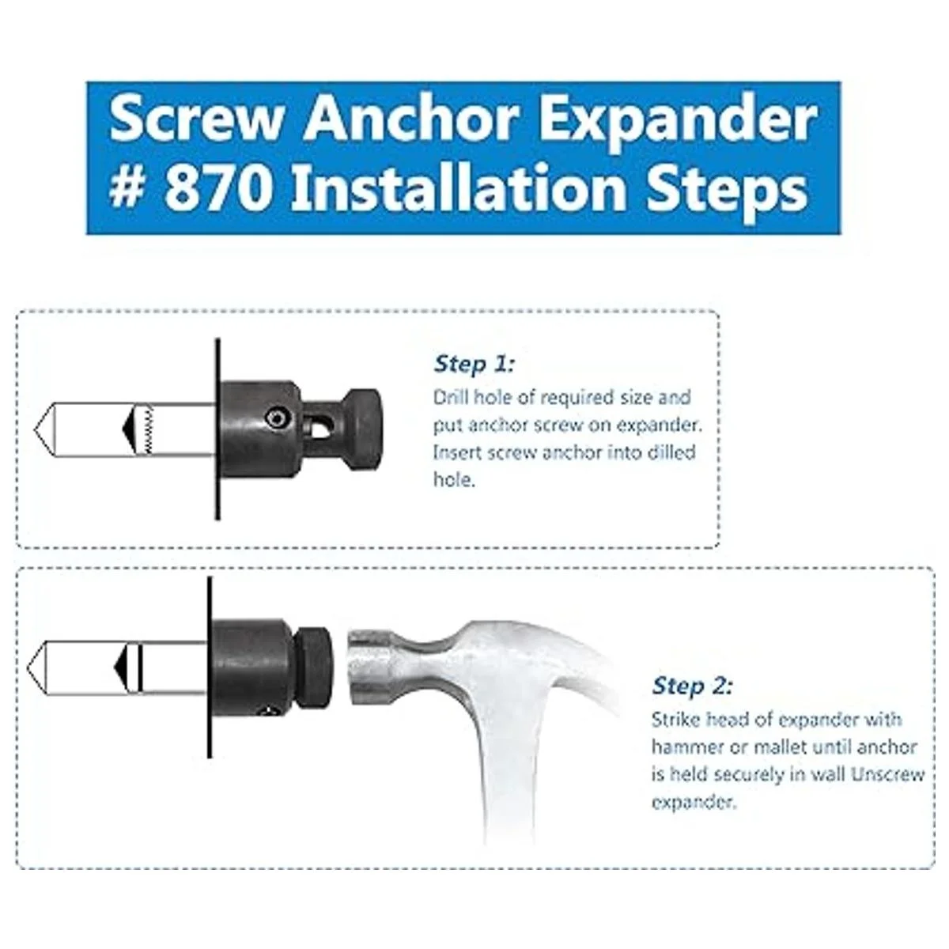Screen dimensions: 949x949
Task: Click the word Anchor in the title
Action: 410,119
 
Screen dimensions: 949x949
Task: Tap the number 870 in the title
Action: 218,189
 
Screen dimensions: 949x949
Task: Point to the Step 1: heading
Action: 474,364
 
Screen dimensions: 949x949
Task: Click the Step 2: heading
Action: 693,686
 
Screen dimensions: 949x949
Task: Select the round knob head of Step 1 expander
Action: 365,430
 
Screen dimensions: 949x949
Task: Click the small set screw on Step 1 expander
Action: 274,418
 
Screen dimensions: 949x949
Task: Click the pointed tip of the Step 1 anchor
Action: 35,430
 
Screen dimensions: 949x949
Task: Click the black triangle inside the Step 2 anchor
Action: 122,667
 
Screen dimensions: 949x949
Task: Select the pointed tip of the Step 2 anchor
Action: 28,667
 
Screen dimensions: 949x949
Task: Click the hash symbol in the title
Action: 127,189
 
